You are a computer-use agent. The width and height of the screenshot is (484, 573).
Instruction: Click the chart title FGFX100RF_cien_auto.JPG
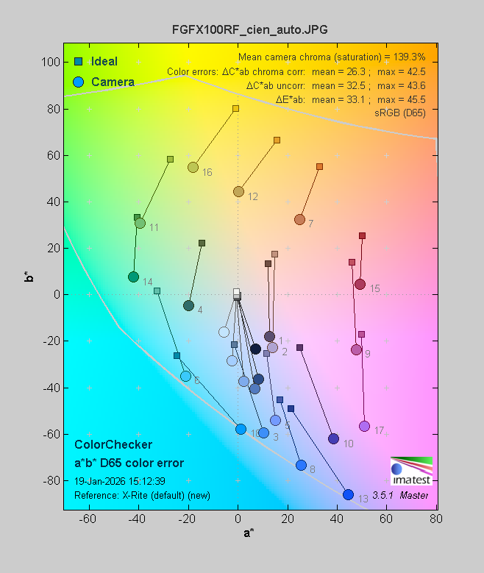[249, 29]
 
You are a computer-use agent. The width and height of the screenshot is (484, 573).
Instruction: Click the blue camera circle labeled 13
[348, 495]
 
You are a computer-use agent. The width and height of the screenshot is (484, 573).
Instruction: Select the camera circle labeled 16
[193, 167]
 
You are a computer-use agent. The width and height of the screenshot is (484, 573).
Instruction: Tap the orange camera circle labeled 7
[299, 219]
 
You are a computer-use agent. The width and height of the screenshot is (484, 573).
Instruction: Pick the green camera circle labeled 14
[133, 277]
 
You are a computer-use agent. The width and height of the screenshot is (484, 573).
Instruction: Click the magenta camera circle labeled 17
[364, 427]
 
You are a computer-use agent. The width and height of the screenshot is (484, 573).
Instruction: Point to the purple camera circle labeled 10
[333, 438]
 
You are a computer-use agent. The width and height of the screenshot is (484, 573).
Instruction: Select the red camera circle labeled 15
[360, 284]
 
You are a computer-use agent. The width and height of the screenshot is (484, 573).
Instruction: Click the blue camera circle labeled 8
[301, 465]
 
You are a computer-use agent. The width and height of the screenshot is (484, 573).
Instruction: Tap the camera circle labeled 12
[238, 191]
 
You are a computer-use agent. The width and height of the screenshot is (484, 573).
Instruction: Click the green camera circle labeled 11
[140, 223]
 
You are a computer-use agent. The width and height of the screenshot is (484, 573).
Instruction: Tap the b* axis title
[29, 277]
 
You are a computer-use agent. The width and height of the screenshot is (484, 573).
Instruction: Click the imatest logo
[410, 471]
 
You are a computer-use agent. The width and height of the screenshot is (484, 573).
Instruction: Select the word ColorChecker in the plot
[113, 445]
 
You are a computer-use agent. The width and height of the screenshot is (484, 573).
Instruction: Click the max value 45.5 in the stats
[414, 99]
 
